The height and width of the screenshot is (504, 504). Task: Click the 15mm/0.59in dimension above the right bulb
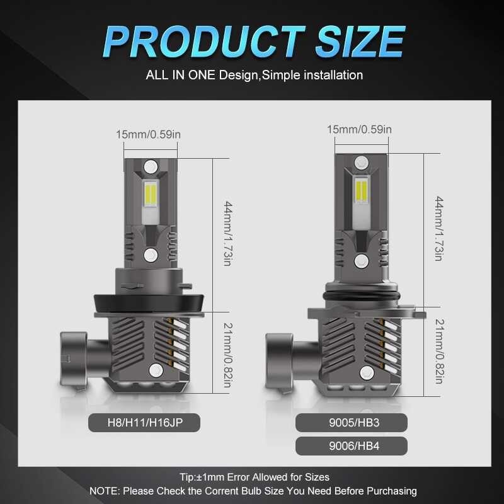(359, 129)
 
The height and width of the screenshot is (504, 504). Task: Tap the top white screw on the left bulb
(151, 166)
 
